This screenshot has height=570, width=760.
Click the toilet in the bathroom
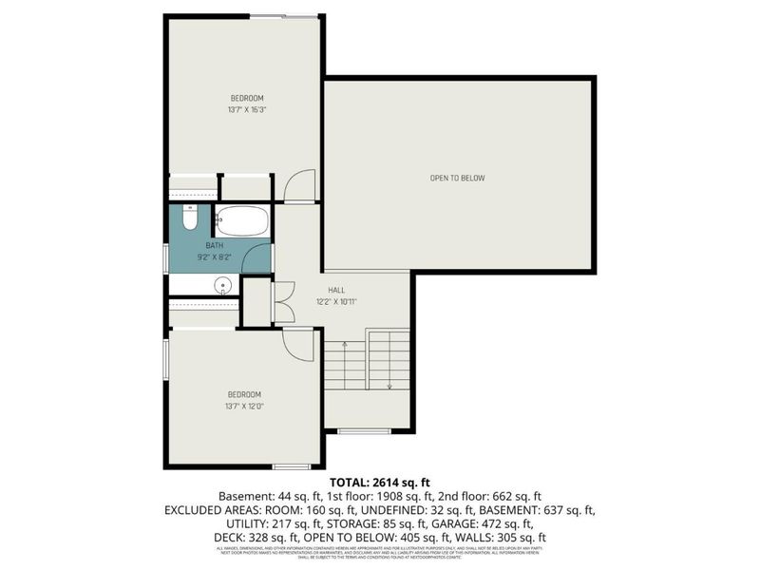(189, 221)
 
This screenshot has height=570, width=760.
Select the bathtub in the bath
(242, 221)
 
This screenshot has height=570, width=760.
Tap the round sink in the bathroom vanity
(224, 284)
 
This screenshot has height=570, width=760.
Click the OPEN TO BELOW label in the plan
(458, 178)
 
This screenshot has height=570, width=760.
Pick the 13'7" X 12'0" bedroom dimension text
(244, 406)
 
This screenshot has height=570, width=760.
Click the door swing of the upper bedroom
(299, 185)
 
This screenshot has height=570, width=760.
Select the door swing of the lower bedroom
(297, 343)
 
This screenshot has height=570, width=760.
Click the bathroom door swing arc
(256, 256)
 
